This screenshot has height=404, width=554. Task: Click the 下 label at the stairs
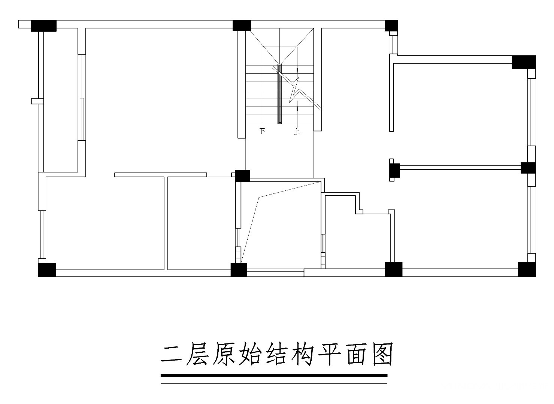(x=262, y=131)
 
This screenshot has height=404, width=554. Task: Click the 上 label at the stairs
(x=297, y=131)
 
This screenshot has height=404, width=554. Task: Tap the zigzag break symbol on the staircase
(x=297, y=88)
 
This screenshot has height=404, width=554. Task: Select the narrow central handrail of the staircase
(x=280, y=94)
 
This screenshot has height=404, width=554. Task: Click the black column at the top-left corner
(x=44, y=26)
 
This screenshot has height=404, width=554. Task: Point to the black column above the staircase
(x=242, y=26)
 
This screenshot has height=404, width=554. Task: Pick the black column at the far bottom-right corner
(x=527, y=269)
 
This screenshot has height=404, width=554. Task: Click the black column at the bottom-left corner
(x=47, y=270)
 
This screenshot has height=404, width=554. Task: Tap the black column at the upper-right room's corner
(x=524, y=62)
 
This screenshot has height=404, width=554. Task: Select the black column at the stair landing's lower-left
(x=242, y=176)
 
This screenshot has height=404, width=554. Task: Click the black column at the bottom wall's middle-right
(x=394, y=269)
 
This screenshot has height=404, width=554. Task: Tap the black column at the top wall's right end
(x=391, y=26)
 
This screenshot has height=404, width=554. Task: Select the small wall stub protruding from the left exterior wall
(x=37, y=101)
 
